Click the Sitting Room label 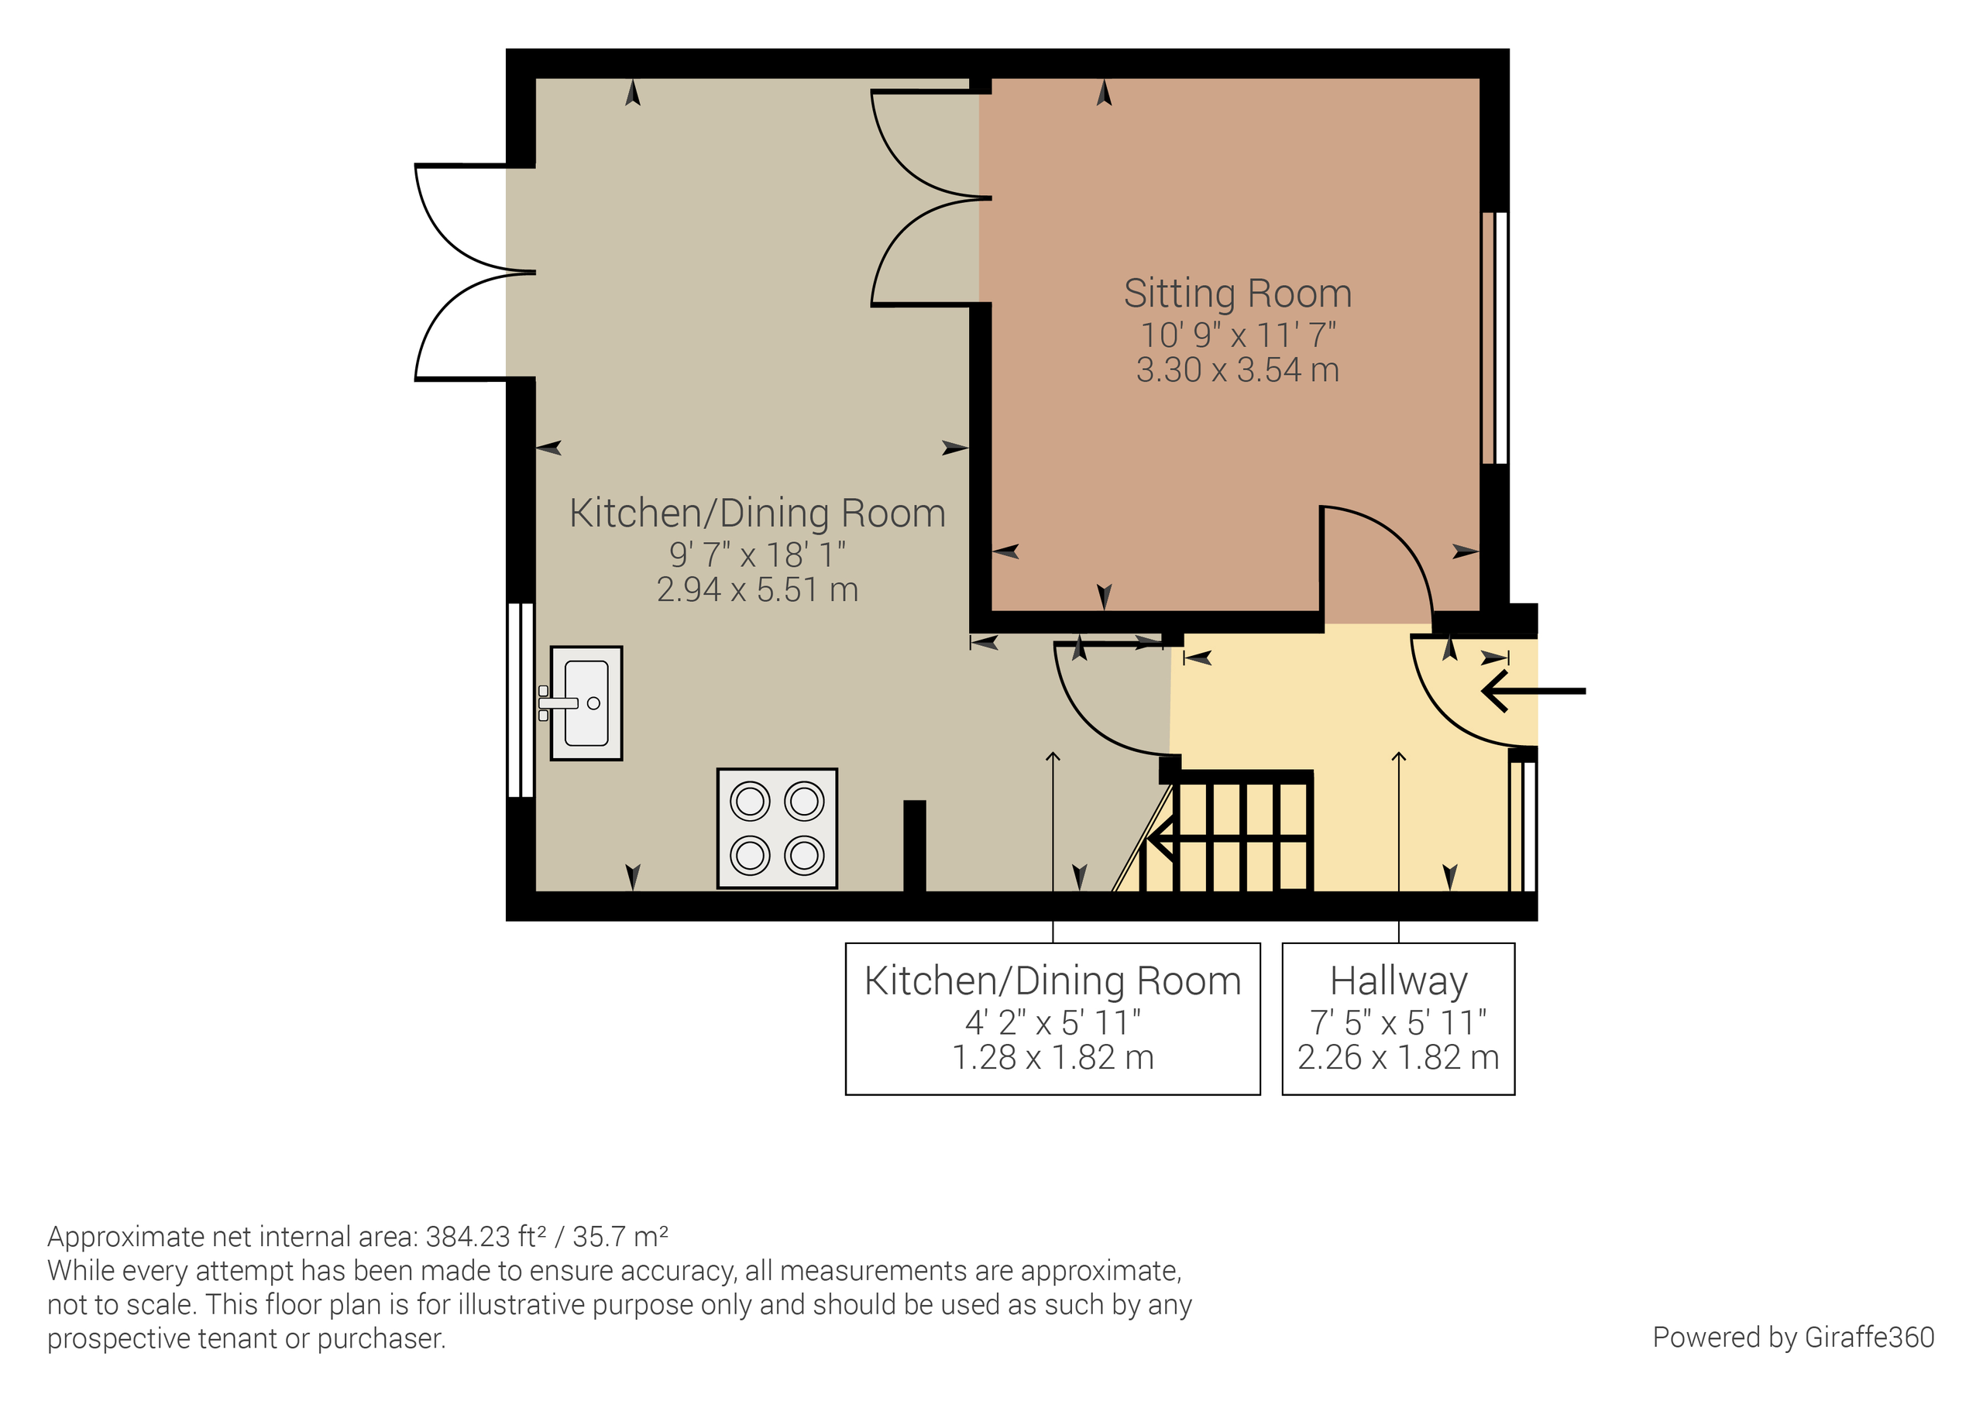[x=1237, y=294]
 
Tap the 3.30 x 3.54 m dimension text [x=1237, y=370]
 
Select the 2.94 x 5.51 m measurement [x=757, y=590]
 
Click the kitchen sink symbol [x=586, y=703]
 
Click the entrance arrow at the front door [x=1533, y=691]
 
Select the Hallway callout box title [x=1398, y=981]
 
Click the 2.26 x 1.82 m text [x=1398, y=1057]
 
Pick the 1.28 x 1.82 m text [x=1052, y=1057]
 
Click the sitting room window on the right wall [x=1495, y=338]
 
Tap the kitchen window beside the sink [x=521, y=699]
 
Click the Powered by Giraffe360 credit [x=1793, y=1337]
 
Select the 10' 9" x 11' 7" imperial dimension [x=1237, y=335]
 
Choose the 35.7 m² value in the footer [x=620, y=1237]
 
